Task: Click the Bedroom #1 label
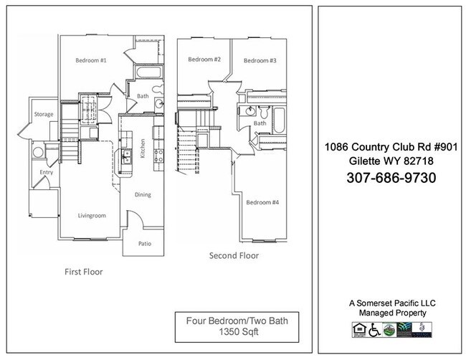click(x=91, y=61)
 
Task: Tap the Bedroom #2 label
click(x=204, y=59)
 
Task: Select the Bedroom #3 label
click(x=260, y=61)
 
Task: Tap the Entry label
click(x=45, y=172)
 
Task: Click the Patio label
click(x=144, y=244)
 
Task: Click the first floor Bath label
click(x=142, y=95)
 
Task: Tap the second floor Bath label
click(x=260, y=123)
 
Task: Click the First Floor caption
click(x=83, y=272)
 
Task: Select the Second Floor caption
click(x=234, y=255)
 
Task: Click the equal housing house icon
click(x=358, y=329)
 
